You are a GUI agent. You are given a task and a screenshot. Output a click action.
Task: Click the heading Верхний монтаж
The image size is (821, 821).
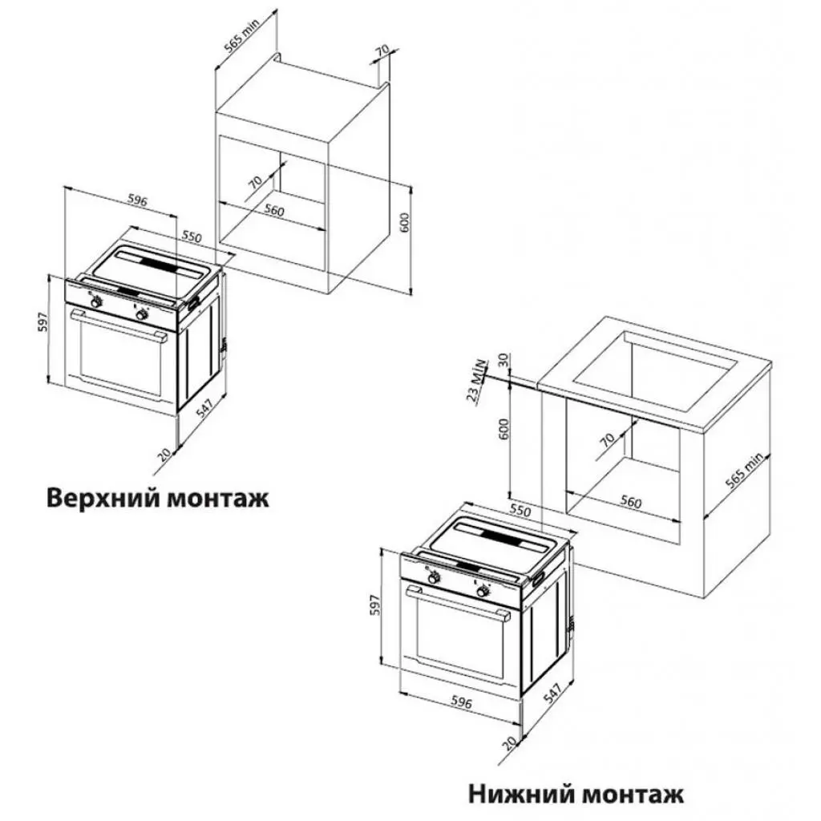(x=158, y=497)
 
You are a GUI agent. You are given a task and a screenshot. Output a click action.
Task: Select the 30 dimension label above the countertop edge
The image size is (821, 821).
(x=504, y=360)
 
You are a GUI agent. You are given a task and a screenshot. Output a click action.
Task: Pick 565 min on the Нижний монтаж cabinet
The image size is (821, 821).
(x=744, y=475)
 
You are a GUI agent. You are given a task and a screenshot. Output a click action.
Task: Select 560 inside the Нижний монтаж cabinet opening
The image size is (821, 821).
(x=631, y=503)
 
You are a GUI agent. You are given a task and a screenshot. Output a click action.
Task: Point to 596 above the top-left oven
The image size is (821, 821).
(x=137, y=202)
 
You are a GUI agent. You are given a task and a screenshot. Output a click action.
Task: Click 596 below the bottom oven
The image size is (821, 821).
(x=462, y=702)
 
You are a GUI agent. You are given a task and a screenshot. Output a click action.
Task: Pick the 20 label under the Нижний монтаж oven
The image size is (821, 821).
(x=507, y=744)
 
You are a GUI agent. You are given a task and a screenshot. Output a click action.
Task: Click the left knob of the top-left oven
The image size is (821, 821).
(x=95, y=302)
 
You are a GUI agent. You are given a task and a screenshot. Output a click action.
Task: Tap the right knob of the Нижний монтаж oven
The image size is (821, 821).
(x=483, y=591)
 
